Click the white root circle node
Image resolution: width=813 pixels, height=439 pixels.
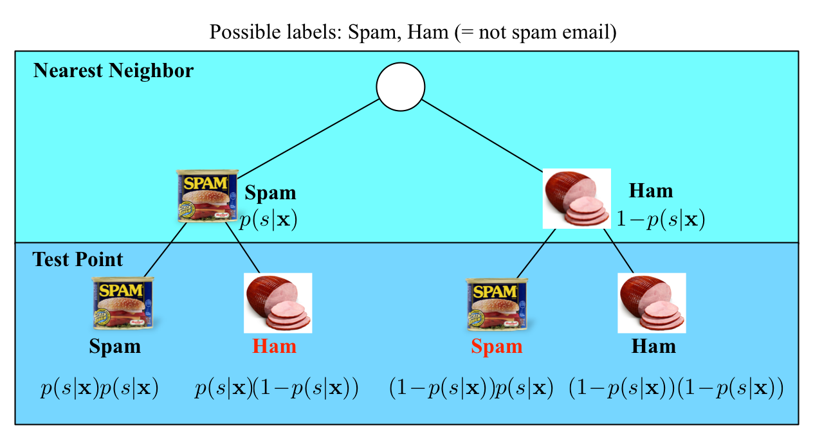[400, 87]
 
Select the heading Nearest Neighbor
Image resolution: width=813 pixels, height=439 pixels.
[113, 70]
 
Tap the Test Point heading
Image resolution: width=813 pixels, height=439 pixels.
[78, 259]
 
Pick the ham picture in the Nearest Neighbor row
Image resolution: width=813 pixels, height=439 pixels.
[576, 198]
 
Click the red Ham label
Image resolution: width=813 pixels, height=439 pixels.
[275, 346]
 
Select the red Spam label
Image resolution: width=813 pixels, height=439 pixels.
[497, 346]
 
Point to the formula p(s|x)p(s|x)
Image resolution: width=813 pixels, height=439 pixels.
[99, 389]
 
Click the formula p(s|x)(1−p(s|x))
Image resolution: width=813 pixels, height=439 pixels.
[276, 389]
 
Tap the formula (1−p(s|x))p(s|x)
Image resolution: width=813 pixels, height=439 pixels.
[471, 389]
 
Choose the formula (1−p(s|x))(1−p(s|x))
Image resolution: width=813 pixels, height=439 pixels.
[676, 389]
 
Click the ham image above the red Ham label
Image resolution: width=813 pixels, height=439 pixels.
[278, 303]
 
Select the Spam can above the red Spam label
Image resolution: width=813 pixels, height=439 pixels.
[496, 303]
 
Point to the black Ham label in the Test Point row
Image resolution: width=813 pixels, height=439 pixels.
[653, 346]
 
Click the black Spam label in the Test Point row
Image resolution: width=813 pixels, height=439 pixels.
[114, 346]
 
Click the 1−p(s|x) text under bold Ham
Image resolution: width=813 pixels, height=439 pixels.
[660, 220]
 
